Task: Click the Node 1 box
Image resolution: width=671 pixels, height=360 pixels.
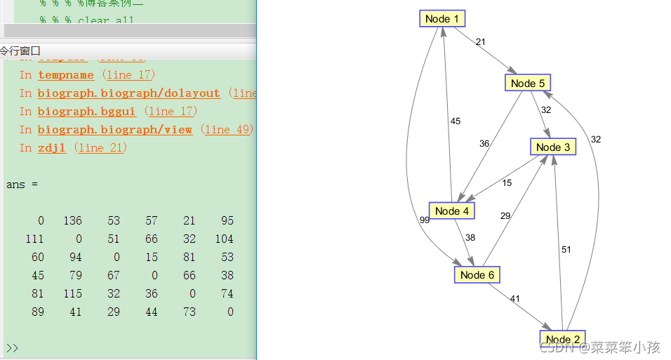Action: pyautogui.click(x=442, y=18)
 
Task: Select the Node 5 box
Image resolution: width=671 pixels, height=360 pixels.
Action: pyautogui.click(x=527, y=83)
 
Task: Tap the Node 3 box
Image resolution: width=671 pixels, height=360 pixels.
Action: pyautogui.click(x=552, y=147)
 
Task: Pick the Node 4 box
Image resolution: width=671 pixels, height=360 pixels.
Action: pyautogui.click(x=451, y=211)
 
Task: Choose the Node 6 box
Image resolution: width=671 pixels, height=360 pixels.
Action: pyautogui.click(x=477, y=274)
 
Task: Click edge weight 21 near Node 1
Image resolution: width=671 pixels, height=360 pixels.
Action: pyautogui.click(x=480, y=42)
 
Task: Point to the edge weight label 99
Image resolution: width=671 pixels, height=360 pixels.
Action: pyautogui.click(x=424, y=220)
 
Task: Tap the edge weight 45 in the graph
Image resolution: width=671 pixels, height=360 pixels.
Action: pyautogui.click(x=456, y=121)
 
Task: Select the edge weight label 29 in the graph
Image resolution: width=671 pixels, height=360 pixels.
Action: pyautogui.click(x=505, y=216)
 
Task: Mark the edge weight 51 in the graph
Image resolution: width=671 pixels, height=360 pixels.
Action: pyautogui.click(x=566, y=249)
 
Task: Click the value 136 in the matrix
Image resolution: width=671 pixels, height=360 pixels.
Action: pyautogui.click(x=72, y=220)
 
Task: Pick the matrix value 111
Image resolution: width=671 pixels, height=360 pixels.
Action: pyautogui.click(x=34, y=239)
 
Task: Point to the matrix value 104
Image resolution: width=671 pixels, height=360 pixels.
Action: pyautogui.click(x=225, y=239)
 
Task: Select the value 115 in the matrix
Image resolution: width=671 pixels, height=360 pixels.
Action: pyautogui.click(x=72, y=293)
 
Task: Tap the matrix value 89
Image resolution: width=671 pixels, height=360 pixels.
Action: pyautogui.click(x=38, y=312)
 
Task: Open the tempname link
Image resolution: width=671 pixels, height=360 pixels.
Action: pyautogui.click(x=66, y=75)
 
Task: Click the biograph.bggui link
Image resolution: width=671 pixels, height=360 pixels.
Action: pyautogui.click(x=86, y=112)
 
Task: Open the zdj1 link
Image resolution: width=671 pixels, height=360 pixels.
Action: pyautogui.click(x=52, y=148)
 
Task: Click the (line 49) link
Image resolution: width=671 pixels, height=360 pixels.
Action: pyautogui.click(x=226, y=130)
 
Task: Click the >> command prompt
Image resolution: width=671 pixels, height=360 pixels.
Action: pyautogui.click(x=11, y=348)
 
